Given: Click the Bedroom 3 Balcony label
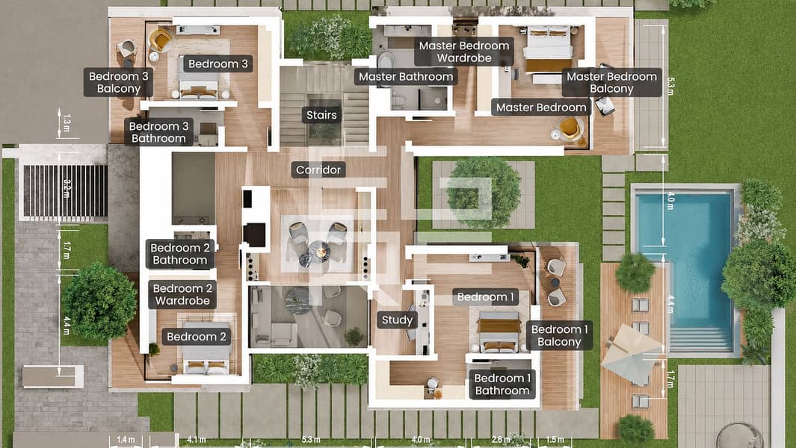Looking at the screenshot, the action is pyautogui.click(x=118, y=83).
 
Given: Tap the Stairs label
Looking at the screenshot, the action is pyautogui.click(x=321, y=115).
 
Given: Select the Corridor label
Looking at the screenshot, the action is pyautogui.click(x=318, y=169).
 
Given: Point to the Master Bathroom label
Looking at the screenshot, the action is pyautogui.click(x=406, y=77).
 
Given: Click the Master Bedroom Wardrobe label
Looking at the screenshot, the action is pyautogui.click(x=464, y=52).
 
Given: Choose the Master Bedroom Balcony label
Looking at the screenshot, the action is pyautogui.click(x=611, y=83).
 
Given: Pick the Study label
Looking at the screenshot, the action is pyautogui.click(x=397, y=320).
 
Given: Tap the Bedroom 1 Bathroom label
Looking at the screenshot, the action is pyautogui.click(x=502, y=385).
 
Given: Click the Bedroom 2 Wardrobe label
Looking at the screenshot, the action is pyautogui.click(x=182, y=295).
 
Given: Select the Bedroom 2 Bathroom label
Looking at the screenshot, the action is pyautogui.click(x=180, y=254).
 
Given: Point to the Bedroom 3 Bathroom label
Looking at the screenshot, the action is pyautogui.click(x=158, y=132).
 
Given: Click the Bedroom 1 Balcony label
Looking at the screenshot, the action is pyautogui.click(x=559, y=335).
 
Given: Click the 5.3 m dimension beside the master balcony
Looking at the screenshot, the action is pyautogui.click(x=670, y=87).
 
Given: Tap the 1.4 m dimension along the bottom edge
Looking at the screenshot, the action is pyautogui.click(x=126, y=440).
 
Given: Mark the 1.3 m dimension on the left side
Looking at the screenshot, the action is pyautogui.click(x=67, y=123).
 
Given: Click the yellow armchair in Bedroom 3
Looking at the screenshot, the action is pyautogui.click(x=161, y=40).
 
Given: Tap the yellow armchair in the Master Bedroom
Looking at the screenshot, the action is pyautogui.click(x=570, y=128).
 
